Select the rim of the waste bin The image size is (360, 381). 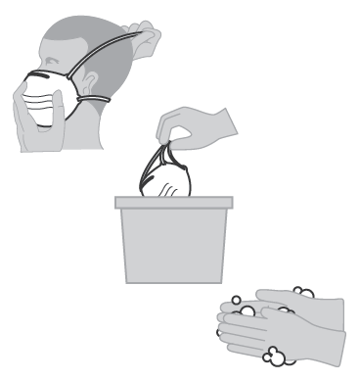coord(172,204)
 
